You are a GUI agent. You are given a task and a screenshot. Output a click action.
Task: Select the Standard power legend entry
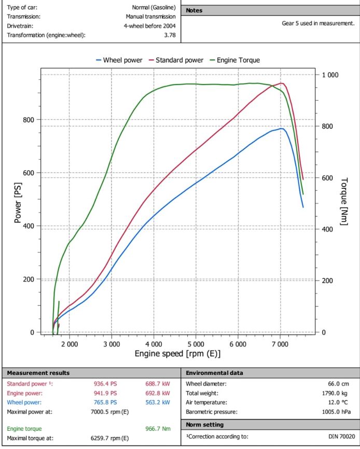click(x=179, y=60)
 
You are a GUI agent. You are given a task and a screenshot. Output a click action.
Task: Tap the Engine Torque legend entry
click(x=239, y=60)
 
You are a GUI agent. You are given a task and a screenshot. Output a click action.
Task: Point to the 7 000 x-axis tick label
click(x=280, y=344)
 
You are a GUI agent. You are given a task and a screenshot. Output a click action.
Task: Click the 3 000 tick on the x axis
click(x=112, y=344)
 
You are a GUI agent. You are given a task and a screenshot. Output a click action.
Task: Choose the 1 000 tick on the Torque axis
click(x=330, y=75)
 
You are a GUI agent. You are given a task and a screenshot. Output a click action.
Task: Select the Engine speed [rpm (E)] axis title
click(x=177, y=354)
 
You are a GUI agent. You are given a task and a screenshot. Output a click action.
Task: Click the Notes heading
click(x=193, y=10)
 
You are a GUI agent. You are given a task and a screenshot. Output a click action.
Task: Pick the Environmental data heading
click(x=211, y=373)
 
